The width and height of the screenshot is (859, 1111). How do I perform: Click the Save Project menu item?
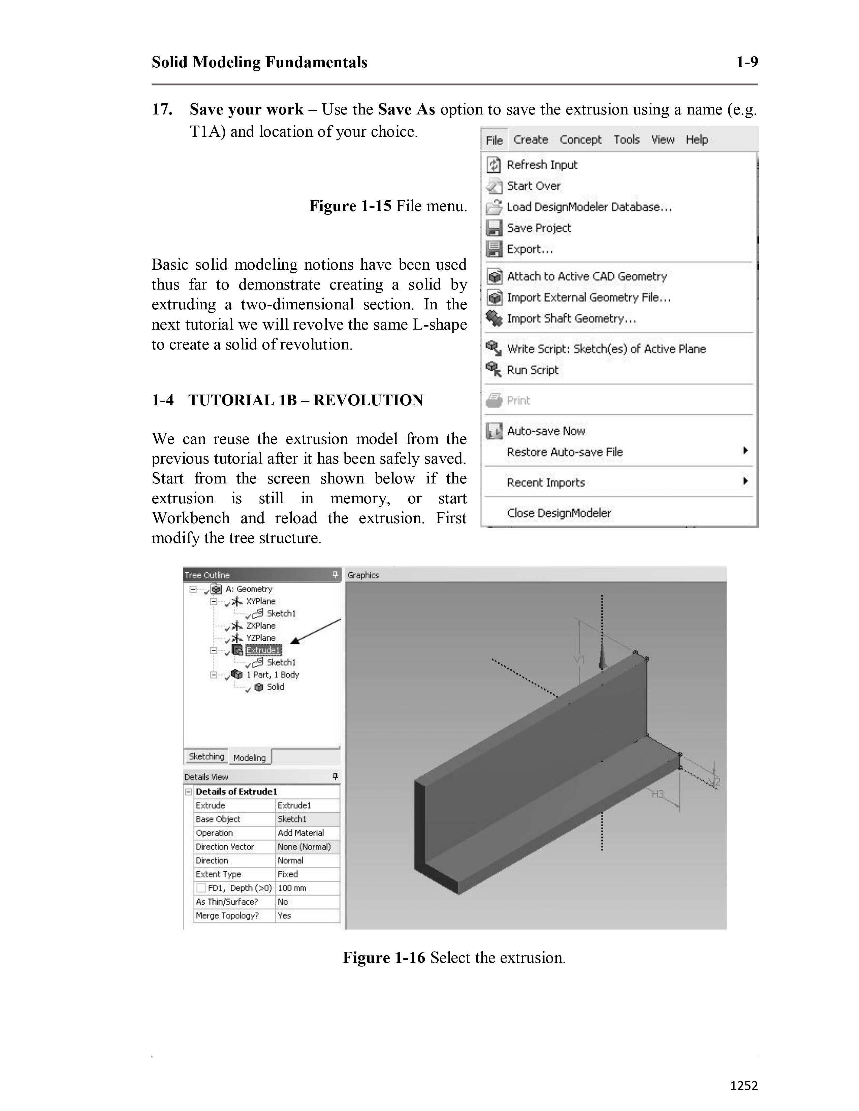pos(538,228)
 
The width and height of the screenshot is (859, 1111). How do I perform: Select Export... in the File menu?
pos(529,249)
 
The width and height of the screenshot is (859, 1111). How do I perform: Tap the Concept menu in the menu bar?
pos(580,140)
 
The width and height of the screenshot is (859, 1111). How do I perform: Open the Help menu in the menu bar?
pos(696,140)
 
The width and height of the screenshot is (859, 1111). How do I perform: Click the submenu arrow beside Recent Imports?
pos(745,481)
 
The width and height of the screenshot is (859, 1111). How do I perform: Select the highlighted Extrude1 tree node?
pos(263,650)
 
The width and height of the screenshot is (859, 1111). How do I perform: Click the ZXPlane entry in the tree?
pos(260,626)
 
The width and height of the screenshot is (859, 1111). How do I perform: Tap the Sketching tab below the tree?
pos(206,756)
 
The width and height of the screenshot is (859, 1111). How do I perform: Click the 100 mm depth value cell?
pos(292,888)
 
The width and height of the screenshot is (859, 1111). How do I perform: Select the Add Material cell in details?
pos(301,833)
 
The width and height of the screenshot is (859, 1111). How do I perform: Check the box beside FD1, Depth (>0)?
pos(201,888)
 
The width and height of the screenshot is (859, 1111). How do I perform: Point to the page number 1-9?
pos(746,62)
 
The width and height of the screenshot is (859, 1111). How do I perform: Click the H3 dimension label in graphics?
pos(658,794)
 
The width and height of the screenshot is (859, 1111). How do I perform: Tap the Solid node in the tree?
pos(275,687)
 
